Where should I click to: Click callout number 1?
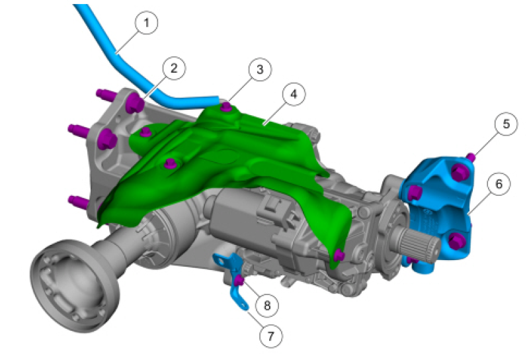pos(146,22)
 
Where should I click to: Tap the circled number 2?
pos(174,68)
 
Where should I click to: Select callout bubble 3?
pos(260,69)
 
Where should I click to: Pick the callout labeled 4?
pos(294,94)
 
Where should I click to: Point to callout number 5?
pos(506,124)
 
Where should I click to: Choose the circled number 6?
pos(499,184)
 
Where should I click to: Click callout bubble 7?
pos(270,336)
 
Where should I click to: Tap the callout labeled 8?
pos(267,306)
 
